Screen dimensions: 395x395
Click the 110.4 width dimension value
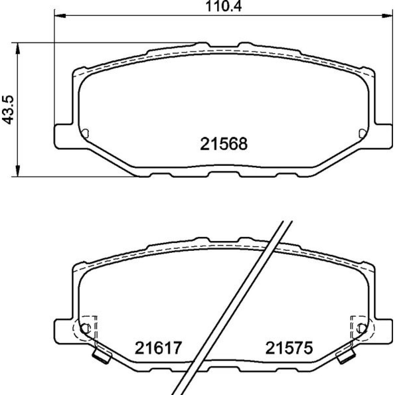coord(224,7)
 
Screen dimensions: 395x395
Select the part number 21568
coord(224,144)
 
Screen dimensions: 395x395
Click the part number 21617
coord(158,348)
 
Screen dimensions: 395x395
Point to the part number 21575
coord(289,348)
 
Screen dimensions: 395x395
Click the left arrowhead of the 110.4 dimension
coord(60,16)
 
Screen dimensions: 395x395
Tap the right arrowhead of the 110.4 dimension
coord(387,16)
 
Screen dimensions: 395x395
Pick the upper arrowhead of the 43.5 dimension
coord(17,48)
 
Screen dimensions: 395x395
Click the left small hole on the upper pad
coord(85,133)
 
